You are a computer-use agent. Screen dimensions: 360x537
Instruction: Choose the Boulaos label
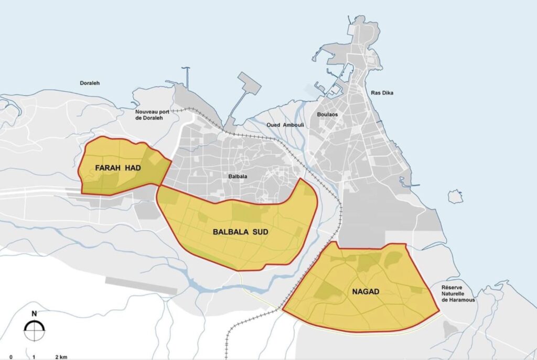327,114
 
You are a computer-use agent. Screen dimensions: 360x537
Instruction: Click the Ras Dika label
382,93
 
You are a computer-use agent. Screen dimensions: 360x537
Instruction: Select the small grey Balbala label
238,177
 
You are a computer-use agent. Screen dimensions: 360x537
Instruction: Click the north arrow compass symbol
34,331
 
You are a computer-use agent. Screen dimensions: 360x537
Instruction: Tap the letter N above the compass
34,314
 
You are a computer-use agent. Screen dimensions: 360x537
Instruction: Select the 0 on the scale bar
11,357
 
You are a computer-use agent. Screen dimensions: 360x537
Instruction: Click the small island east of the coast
455,197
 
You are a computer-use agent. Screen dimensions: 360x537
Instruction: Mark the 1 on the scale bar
34,357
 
